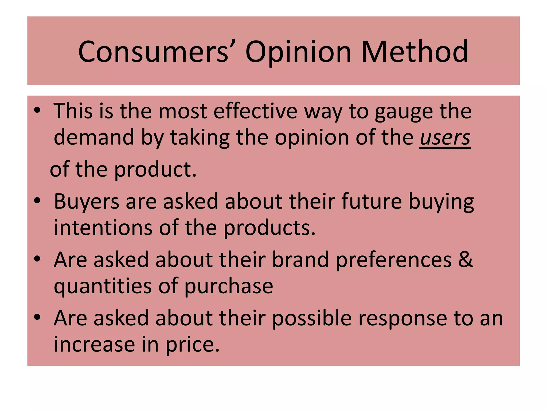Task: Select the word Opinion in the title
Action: click(298, 52)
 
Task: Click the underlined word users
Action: click(445, 138)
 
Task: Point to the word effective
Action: click(255, 111)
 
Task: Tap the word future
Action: click(371, 201)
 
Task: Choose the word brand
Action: click(300, 259)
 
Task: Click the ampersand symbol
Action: click(466, 259)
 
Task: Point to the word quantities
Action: click(103, 286)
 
